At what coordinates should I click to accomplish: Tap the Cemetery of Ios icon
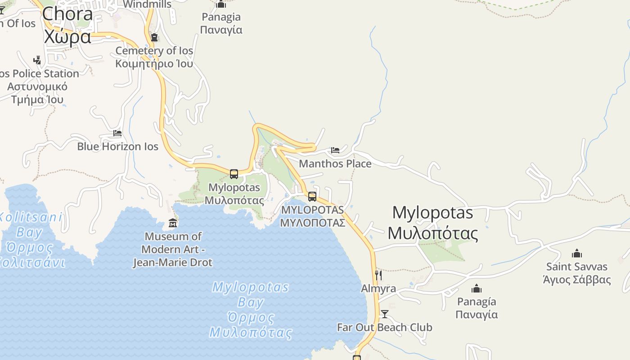[154, 37]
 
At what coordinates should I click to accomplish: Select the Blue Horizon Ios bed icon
[117, 133]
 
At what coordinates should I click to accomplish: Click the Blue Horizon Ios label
[118, 146]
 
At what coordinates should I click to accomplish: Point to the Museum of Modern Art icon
[173, 223]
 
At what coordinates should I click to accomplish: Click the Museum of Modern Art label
[173, 249]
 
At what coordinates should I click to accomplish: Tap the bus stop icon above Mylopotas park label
[234, 174]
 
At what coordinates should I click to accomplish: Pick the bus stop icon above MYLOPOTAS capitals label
[312, 197]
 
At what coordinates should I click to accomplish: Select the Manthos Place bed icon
[335, 150]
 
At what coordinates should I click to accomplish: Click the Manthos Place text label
[335, 163]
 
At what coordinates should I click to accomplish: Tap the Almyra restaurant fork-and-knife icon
[378, 275]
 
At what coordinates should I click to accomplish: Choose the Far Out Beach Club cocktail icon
[385, 314]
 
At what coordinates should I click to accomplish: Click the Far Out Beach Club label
[385, 327]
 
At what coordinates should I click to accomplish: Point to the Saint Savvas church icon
[577, 253]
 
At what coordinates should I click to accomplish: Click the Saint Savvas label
[577, 273]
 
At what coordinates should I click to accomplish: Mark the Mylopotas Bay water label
[251, 310]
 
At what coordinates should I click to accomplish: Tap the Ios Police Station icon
[37, 60]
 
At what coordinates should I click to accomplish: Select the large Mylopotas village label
[432, 223]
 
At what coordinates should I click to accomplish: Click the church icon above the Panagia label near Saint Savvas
[477, 288]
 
